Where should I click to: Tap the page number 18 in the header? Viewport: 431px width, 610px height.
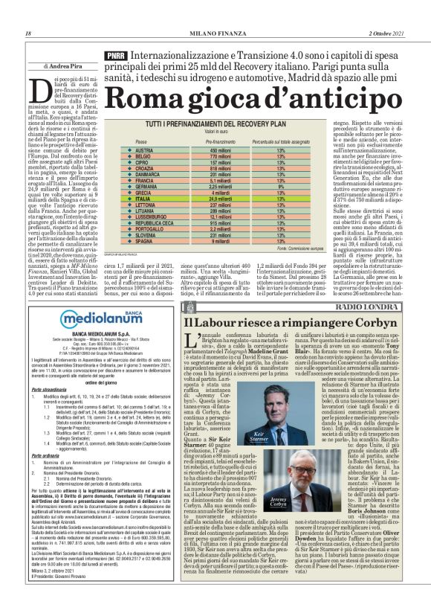[28, 34]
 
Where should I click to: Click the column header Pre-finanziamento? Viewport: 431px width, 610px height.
[195, 141]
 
